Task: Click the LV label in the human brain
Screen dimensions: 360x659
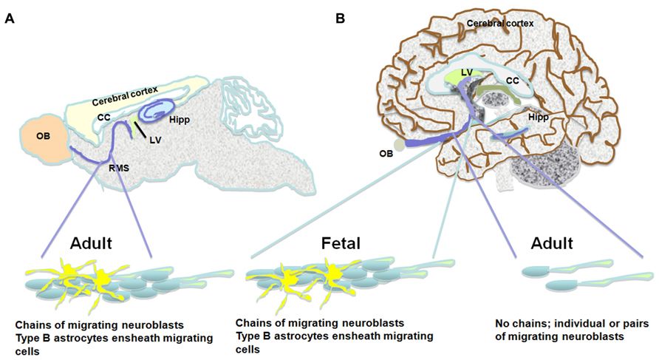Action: click(x=465, y=72)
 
